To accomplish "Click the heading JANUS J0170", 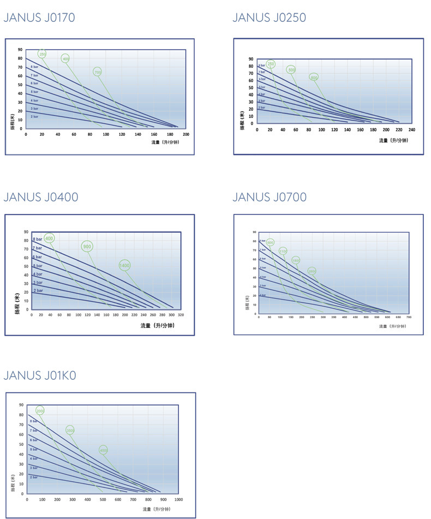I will pyautogui.click(x=39, y=17).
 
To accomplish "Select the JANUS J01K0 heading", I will pyautogui.click(x=40, y=375).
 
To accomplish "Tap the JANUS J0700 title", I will pyautogui.click(x=270, y=196).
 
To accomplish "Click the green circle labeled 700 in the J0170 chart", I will pyautogui.click(x=98, y=72).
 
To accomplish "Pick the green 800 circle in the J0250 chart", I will pyautogui.click(x=314, y=77).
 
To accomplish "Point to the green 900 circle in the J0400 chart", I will pyautogui.click(x=87, y=246).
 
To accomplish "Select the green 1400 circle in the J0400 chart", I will pyautogui.click(x=124, y=265).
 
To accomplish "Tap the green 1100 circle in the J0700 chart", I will pyautogui.click(x=283, y=251).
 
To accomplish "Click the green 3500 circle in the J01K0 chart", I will pyautogui.click(x=70, y=430).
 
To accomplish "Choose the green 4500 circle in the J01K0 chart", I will pyautogui.click(x=103, y=450).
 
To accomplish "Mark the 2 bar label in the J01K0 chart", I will pyautogui.click(x=34, y=477).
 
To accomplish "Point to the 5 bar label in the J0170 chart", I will pyautogui.click(x=34, y=92).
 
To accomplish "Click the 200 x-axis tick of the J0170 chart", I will pyautogui.click(x=185, y=134).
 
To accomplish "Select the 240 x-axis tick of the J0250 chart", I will pyautogui.click(x=411, y=130).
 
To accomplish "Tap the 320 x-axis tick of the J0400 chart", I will pyautogui.click(x=180, y=315).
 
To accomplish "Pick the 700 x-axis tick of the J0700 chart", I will pyautogui.click(x=409, y=317).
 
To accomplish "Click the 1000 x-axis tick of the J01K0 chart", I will pyautogui.click(x=178, y=499).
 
